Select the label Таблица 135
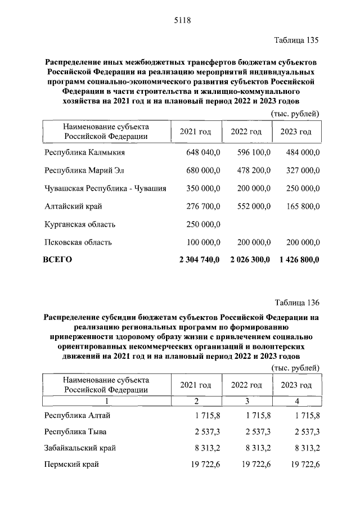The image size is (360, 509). (296, 40)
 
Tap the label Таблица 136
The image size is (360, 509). (296, 303)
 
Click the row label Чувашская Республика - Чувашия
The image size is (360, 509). (105, 188)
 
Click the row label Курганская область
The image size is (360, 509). (80, 224)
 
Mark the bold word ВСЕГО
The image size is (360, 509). (58, 260)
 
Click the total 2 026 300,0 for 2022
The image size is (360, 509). (250, 260)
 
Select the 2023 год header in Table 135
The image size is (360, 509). (296, 132)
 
